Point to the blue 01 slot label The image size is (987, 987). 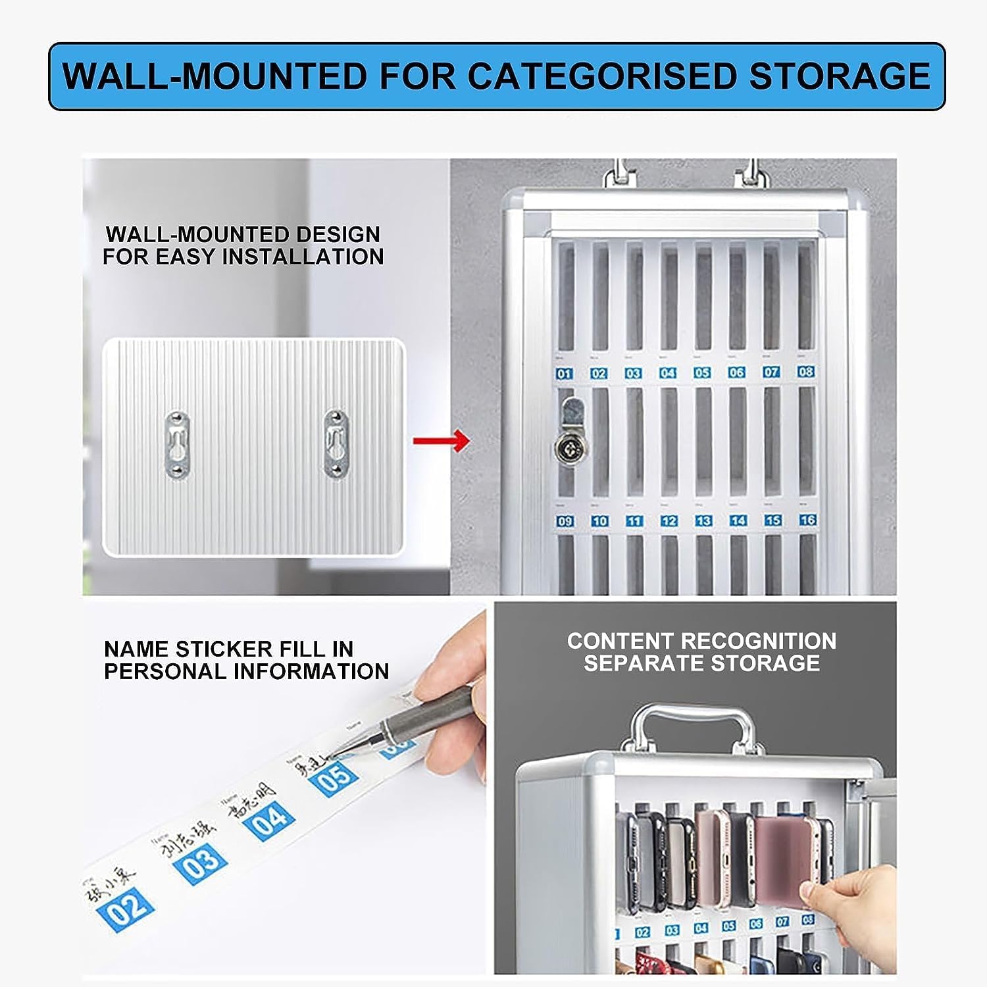click(564, 374)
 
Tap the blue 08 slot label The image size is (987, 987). click(806, 372)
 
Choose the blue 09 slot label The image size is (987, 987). click(565, 521)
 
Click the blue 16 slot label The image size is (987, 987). click(807, 520)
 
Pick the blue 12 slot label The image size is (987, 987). click(669, 520)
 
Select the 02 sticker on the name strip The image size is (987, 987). click(127, 911)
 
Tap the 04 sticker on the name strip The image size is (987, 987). click(269, 819)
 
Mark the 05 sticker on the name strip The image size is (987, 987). click(335, 778)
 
